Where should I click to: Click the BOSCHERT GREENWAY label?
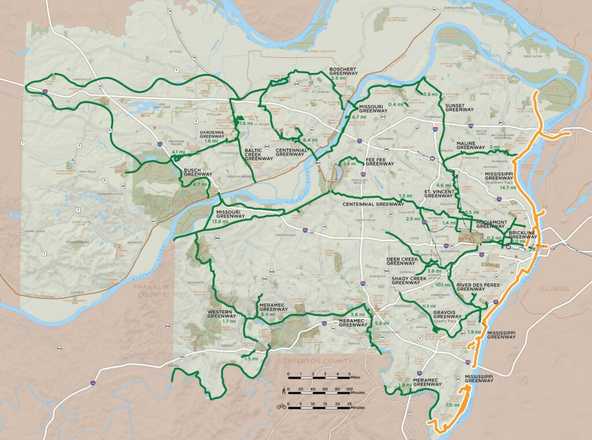click(x=343, y=72)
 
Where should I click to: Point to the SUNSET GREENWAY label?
click(x=460, y=106)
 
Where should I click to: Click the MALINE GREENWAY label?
click(x=470, y=145)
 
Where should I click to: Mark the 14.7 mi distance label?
click(x=508, y=187)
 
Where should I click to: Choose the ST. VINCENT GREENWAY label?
click(x=438, y=193)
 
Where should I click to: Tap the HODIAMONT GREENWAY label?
click(x=491, y=224)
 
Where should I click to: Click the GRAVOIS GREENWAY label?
click(x=447, y=313)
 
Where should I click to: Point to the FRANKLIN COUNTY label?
click(x=149, y=291)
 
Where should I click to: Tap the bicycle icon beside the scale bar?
click(x=282, y=406)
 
